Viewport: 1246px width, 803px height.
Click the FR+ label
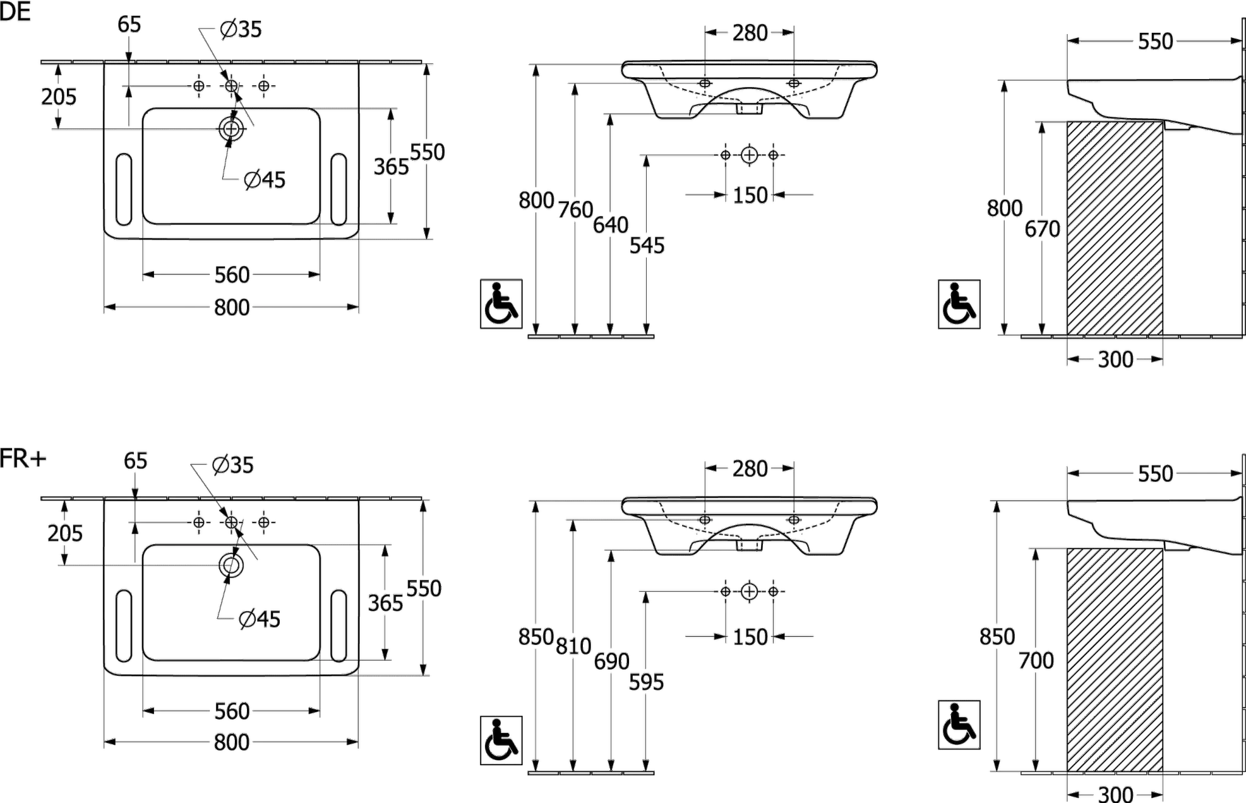[x=23, y=459]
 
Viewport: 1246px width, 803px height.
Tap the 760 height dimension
[x=575, y=209]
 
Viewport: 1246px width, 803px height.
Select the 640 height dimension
[x=610, y=225]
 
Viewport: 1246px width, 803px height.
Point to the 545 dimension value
[x=647, y=245]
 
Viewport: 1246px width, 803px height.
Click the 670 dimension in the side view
[x=1042, y=229]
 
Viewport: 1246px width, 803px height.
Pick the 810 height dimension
[x=573, y=645]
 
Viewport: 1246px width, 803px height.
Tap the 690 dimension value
[x=611, y=661]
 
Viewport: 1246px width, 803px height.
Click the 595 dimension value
[x=646, y=682]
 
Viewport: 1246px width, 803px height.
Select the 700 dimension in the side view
[x=1036, y=660]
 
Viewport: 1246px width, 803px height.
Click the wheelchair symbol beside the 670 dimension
[x=959, y=304]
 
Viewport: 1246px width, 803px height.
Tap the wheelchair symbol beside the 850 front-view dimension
[x=501, y=740]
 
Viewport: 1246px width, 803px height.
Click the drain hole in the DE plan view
[x=231, y=129]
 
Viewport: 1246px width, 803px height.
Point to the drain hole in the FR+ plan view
[x=231, y=565]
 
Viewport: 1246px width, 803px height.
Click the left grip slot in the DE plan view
[x=124, y=189]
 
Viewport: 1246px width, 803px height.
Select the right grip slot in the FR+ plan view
[x=339, y=625]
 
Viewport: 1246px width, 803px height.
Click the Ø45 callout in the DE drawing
[x=265, y=179]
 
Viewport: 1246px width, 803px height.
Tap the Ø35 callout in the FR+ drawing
[x=233, y=465]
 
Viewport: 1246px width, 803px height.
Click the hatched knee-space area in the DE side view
[x=1115, y=228]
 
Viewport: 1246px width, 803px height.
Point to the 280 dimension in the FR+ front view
[x=750, y=468]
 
